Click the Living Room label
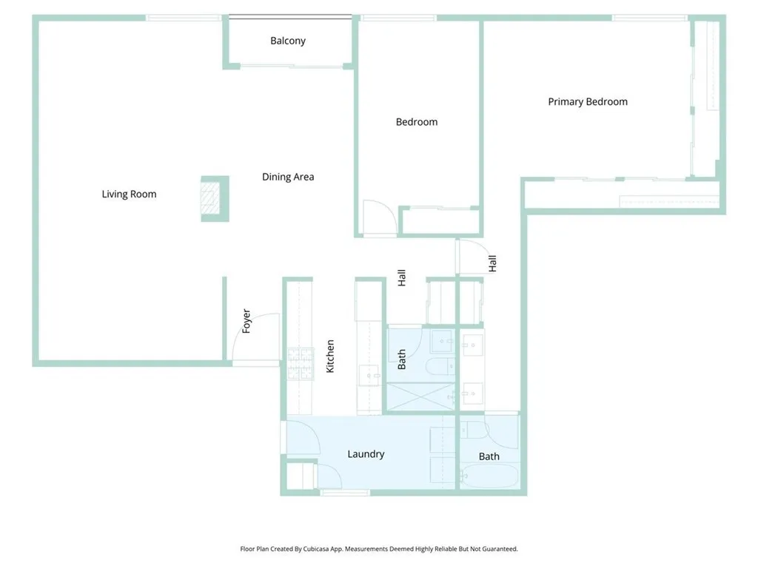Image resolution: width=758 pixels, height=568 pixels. pos(129,195)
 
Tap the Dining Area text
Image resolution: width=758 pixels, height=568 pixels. pos(288,177)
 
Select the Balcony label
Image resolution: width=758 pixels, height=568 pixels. pos(287,41)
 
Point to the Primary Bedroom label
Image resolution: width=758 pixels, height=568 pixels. pos(587,102)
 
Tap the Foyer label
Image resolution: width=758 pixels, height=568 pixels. pos(246,321)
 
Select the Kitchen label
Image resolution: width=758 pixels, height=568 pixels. pos(331,356)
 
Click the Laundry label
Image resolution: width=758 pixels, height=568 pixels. pos(366,454)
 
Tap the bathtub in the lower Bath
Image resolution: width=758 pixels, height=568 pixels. pos(488,477)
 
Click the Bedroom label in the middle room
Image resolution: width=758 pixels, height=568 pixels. pos(416,122)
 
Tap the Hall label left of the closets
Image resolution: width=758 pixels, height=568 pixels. pos(402,278)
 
